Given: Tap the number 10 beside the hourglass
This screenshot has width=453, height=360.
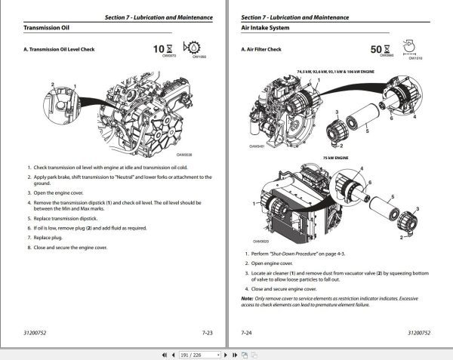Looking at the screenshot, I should click(158, 49).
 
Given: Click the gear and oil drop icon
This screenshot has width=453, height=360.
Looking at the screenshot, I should click(201, 48).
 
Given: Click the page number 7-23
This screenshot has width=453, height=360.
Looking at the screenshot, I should click(207, 331).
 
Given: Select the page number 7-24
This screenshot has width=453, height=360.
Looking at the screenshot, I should click(246, 331).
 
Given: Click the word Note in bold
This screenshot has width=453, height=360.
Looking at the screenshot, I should click(247, 298).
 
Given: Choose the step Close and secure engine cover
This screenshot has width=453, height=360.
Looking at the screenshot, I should click(284, 289).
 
